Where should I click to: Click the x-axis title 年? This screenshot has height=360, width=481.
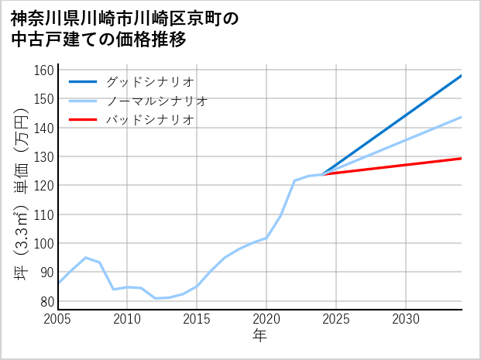coord(259,336)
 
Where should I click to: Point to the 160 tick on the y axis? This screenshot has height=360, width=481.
coord(44,70)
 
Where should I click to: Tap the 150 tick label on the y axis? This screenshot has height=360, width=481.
coord(44,99)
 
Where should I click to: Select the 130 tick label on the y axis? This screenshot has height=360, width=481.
coord(44,157)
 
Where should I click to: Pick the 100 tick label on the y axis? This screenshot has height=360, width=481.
coord(44,244)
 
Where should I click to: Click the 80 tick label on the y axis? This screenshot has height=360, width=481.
coord(46,301)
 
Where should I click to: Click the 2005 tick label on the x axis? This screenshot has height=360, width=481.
coord(58,319)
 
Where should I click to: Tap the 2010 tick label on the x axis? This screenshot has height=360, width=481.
coord(127,319)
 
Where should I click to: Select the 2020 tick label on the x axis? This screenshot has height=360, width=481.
coord(266,319)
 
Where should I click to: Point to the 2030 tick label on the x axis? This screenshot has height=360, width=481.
coord(406,319)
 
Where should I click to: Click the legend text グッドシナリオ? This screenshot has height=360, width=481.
coord(149,81)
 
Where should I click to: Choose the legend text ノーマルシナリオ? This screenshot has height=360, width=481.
coord(156,101)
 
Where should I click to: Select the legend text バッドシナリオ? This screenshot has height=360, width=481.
coord(149,120)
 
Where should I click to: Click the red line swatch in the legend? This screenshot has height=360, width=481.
coord(83,120)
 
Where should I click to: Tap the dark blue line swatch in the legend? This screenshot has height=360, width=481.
coord(83,81)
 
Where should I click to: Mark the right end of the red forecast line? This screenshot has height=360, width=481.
coord(461,158)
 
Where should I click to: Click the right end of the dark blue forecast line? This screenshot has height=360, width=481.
coord(461,76)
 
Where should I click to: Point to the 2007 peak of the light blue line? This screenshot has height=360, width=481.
coord(86,258)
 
